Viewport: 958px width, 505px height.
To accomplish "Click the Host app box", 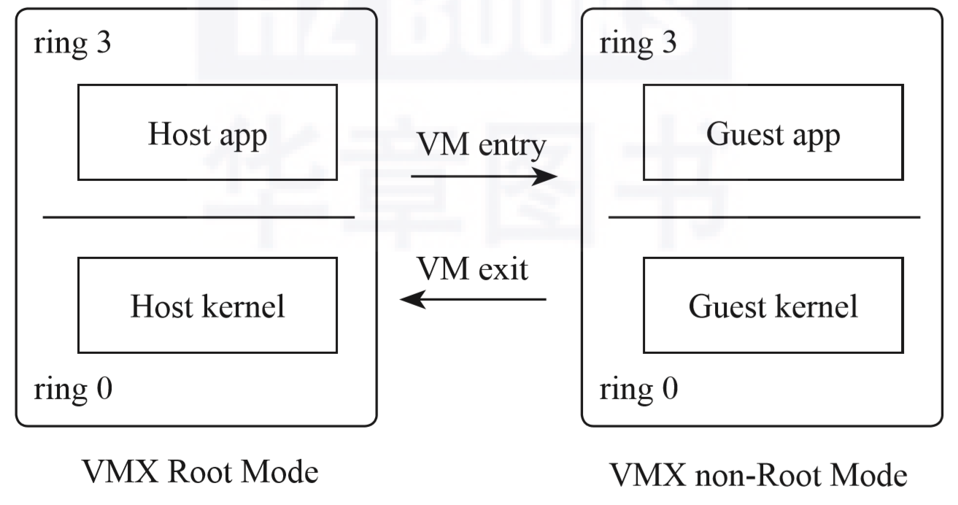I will click(x=207, y=132).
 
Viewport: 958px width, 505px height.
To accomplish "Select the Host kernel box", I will click(x=207, y=305).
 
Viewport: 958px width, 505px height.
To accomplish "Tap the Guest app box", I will click(x=773, y=132).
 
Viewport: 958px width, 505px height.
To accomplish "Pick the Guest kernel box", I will click(x=773, y=305).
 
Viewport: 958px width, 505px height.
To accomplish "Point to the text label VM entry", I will click(x=482, y=145).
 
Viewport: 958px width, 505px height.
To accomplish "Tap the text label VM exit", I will click(x=473, y=269).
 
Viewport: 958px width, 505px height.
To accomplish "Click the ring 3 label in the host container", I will click(x=72, y=43).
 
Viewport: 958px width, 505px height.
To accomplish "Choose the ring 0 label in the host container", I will click(x=73, y=388).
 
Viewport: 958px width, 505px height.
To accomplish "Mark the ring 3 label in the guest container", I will click(x=638, y=43).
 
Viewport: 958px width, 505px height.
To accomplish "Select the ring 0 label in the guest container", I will click(x=638, y=388).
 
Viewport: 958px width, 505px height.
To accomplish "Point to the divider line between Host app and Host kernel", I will click(x=198, y=217).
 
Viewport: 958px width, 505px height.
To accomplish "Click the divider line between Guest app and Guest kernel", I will click(x=764, y=217).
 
